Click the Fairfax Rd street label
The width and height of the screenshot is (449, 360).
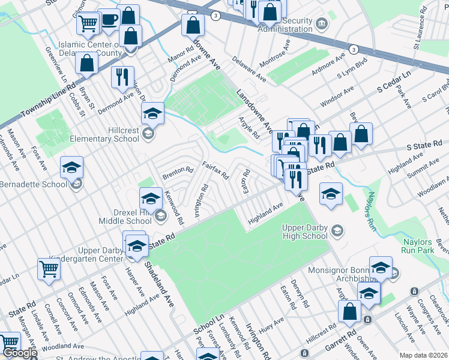[215, 171]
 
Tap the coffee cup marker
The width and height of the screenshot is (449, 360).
[109, 19]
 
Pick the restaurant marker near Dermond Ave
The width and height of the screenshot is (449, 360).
[122, 76]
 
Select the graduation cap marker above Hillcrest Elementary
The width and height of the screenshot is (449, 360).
[152, 112]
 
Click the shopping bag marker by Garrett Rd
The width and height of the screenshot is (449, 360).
[349, 311]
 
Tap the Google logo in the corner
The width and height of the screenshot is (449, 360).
[19, 353]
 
